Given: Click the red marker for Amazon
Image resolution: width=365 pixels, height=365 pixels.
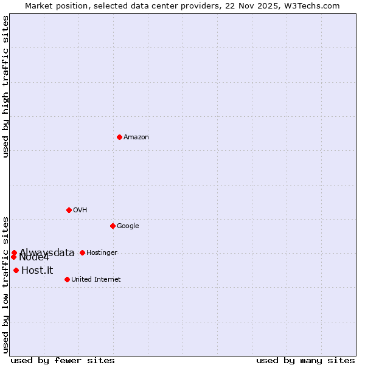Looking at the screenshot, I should pyautogui.click(x=119, y=137).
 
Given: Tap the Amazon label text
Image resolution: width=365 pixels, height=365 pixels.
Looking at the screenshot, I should pyautogui.click(x=136, y=137).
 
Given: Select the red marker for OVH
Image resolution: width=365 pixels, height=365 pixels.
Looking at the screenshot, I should pyautogui.click(x=69, y=210).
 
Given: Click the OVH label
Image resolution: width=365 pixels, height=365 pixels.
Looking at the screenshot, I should pyautogui.click(x=80, y=210).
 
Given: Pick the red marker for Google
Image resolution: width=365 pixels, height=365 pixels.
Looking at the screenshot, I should pyautogui.click(x=113, y=226).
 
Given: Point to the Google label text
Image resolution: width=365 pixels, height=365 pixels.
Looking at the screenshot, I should pyautogui.click(x=128, y=226).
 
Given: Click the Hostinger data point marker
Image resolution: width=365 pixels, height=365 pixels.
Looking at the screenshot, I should pyautogui.click(x=82, y=252).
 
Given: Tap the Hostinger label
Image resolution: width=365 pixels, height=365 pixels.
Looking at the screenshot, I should pyautogui.click(x=102, y=253).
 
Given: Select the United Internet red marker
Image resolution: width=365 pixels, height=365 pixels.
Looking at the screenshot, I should pyautogui.click(x=67, y=279).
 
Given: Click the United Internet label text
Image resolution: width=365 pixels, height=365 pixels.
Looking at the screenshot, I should pyautogui.click(x=96, y=280).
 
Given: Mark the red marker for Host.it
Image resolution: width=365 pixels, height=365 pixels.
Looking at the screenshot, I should pyautogui.click(x=16, y=270).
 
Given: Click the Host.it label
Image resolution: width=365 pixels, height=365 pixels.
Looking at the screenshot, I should pyautogui.click(x=37, y=271).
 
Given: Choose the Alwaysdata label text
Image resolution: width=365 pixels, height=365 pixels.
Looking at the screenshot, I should pyautogui.click(x=47, y=253).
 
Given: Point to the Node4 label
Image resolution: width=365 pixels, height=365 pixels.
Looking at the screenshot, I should pyautogui.click(x=34, y=257).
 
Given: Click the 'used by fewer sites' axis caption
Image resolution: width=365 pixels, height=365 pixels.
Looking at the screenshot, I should pyautogui.click(x=63, y=360).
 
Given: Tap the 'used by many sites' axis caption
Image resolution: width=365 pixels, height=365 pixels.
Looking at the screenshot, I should pyautogui.click(x=305, y=360).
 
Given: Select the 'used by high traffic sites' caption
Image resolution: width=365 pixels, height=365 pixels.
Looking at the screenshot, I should pyautogui.click(x=6, y=86).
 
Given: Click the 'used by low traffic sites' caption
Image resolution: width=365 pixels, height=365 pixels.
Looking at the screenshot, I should pyautogui.click(x=6, y=284).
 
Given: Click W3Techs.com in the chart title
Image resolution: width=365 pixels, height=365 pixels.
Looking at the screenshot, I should pyautogui.click(x=314, y=6).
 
